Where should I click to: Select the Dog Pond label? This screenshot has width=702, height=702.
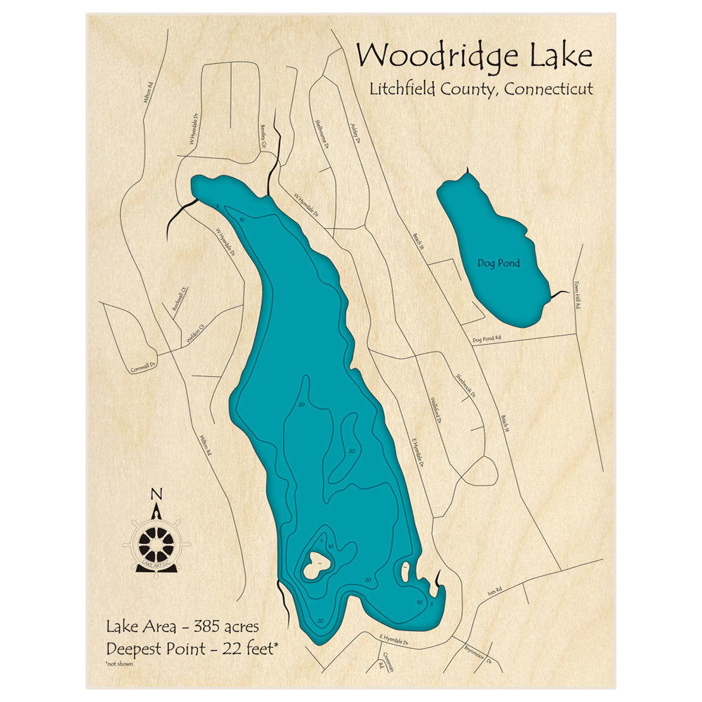coord(499,264)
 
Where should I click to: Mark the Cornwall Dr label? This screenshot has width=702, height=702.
coord(142,366)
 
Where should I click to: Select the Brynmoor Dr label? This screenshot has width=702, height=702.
coord(474,654)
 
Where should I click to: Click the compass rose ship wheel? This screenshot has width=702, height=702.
coord(156,542)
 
